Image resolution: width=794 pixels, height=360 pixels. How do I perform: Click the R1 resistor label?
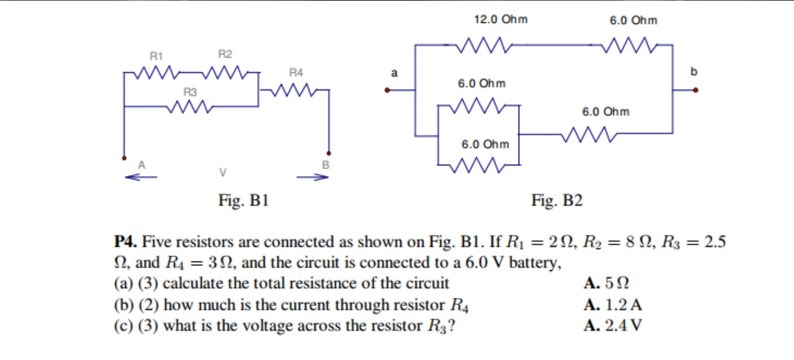156,56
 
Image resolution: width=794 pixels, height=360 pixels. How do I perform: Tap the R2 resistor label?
225,54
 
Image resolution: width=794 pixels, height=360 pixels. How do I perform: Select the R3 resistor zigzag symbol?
190,106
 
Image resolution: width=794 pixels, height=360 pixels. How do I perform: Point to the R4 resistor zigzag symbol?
294,90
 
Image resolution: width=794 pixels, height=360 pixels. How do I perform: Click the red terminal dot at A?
124,158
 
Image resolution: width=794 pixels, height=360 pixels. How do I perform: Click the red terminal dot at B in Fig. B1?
329,153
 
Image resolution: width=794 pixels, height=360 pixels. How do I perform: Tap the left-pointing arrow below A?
141,177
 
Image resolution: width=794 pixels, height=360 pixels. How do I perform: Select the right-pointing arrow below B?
313,177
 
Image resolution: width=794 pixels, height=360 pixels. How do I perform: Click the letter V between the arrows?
223,172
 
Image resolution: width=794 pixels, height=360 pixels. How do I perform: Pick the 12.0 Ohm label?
501,19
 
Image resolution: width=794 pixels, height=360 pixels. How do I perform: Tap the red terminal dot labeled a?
387,90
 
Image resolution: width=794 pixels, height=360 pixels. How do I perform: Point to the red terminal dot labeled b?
696,90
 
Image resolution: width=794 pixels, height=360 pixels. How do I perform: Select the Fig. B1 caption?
243,200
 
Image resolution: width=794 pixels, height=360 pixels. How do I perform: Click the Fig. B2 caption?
557,200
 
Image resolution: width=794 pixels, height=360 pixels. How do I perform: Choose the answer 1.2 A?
614,305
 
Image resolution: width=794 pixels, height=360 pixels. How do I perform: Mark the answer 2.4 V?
614,325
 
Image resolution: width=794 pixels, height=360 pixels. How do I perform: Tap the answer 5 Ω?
607,283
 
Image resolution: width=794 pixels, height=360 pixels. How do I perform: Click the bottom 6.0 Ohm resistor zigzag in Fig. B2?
478,165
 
